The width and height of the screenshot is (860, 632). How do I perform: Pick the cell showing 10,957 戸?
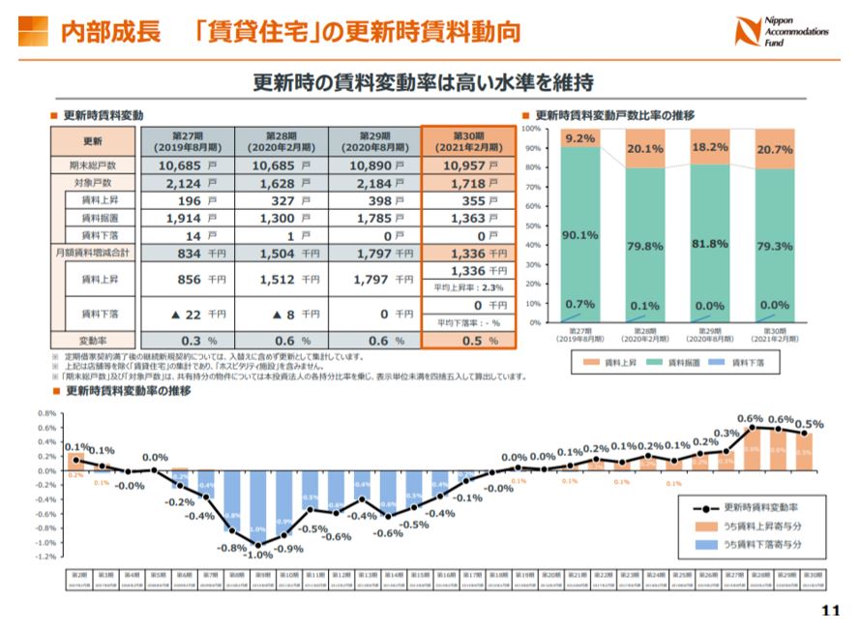click(467, 166)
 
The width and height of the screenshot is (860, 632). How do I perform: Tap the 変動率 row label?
click(93, 341)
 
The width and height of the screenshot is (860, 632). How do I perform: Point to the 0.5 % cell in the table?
click(467, 341)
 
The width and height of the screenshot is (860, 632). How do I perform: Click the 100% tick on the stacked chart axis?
click(529, 129)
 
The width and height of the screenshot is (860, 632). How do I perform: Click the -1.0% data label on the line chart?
click(257, 556)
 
